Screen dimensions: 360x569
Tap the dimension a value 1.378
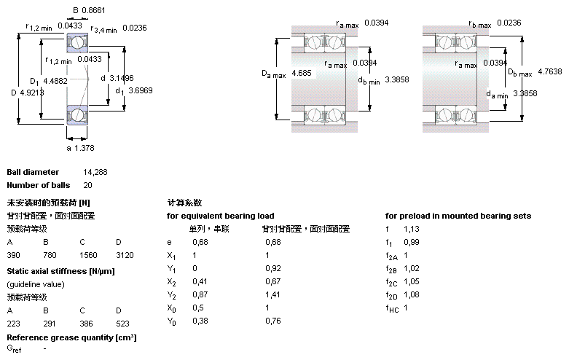83,148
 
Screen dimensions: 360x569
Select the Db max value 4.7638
549,72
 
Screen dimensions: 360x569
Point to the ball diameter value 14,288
95,172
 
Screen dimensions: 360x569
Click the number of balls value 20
87,185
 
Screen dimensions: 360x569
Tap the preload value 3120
124,256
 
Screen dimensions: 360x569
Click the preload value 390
14,256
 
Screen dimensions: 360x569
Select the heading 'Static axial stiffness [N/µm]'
60,271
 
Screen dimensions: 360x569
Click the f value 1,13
412,229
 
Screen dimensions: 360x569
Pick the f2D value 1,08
412,294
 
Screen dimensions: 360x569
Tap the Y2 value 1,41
272,294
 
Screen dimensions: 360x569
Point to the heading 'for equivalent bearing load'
220,216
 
